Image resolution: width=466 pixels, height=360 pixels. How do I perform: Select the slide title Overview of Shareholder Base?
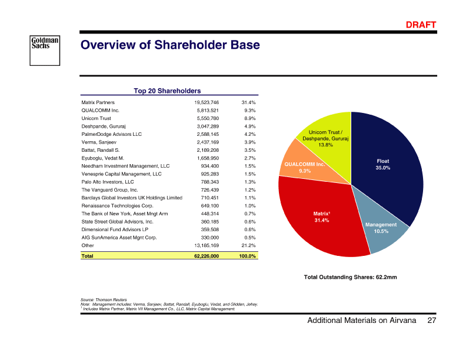click(x=170, y=45)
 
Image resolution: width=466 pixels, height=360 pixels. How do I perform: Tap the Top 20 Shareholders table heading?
click(x=167, y=91)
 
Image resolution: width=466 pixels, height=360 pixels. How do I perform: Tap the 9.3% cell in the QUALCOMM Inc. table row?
click(x=248, y=110)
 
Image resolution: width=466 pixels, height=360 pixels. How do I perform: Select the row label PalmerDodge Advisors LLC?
click(x=112, y=134)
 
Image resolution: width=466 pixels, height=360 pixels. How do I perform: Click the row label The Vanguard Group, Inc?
click(x=109, y=190)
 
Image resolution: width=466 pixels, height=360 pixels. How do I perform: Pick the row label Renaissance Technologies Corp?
click(x=117, y=206)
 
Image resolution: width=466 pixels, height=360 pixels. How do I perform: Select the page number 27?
click(x=432, y=320)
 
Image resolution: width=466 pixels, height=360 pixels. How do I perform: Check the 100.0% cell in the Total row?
click(x=247, y=256)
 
